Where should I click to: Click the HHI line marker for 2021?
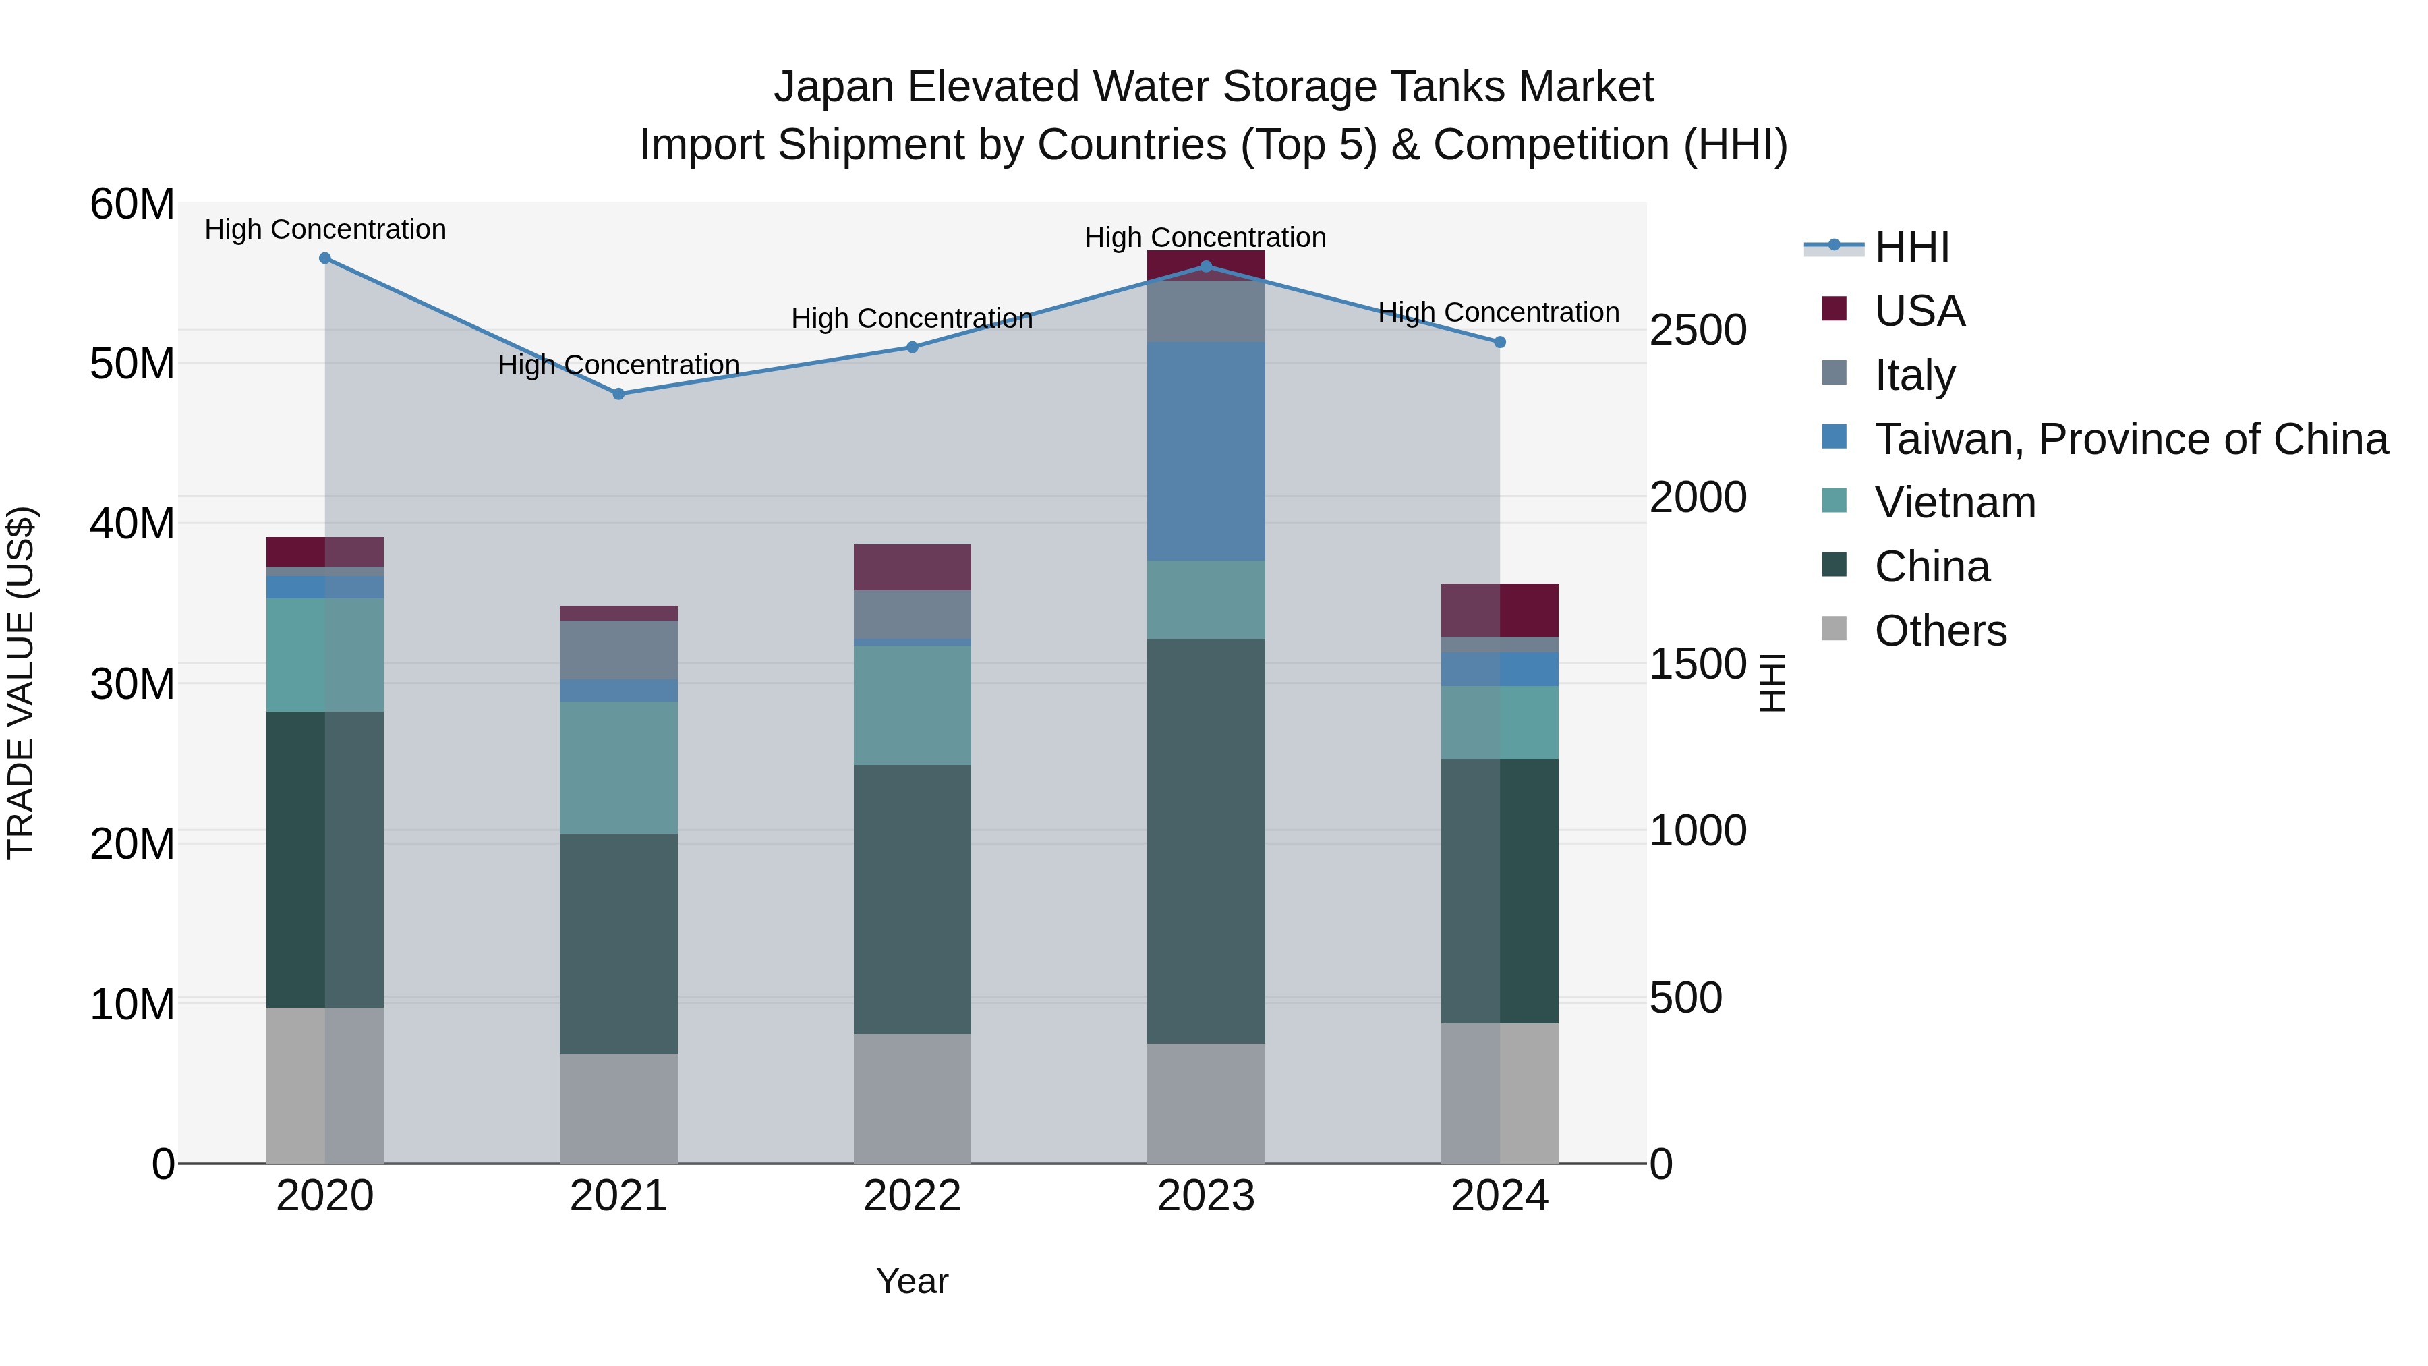pyautogui.click(x=618, y=394)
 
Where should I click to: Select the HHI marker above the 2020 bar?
pyautogui.click(x=325, y=258)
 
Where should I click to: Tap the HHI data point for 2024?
pyautogui.click(x=1499, y=342)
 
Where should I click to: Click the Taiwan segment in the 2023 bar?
pyautogui.click(x=1205, y=451)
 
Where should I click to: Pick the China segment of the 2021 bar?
pyautogui.click(x=618, y=943)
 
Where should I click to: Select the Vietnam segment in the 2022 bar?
pyautogui.click(x=911, y=704)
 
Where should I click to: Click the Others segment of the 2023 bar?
pyautogui.click(x=1205, y=1102)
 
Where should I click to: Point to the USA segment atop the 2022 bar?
pyautogui.click(x=911, y=567)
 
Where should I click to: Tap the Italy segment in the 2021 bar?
pyautogui.click(x=618, y=650)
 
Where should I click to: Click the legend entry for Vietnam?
pyautogui.click(x=1954, y=503)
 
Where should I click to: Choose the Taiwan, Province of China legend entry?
pyautogui.click(x=2130, y=439)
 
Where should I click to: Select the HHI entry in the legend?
pyautogui.click(x=1911, y=247)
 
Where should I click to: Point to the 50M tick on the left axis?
pyautogui.click(x=132, y=364)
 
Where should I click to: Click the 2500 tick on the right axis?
pyautogui.click(x=1698, y=331)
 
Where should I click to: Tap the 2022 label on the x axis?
pyautogui.click(x=911, y=1196)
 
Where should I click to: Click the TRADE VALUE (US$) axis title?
pyautogui.click(x=21, y=683)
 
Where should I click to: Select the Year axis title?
pyautogui.click(x=911, y=1281)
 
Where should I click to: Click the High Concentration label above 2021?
pyautogui.click(x=618, y=365)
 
